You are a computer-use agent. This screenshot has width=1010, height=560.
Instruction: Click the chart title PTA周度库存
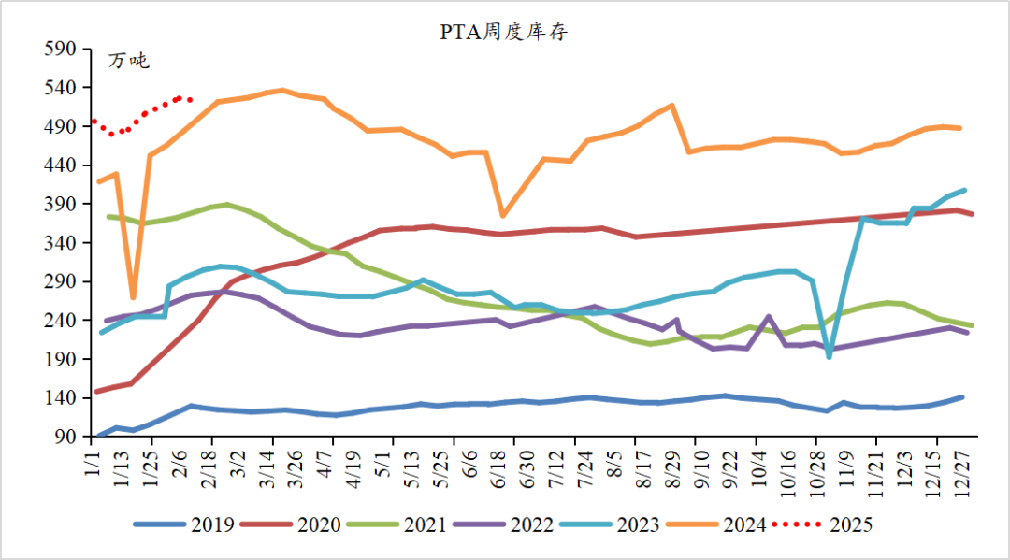coord(504,33)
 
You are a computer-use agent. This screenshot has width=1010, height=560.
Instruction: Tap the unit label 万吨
coord(129,62)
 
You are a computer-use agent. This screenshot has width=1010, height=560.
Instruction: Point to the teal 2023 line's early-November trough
coord(830,356)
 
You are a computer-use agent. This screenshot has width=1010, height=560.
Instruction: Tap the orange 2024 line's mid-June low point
coord(503,216)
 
